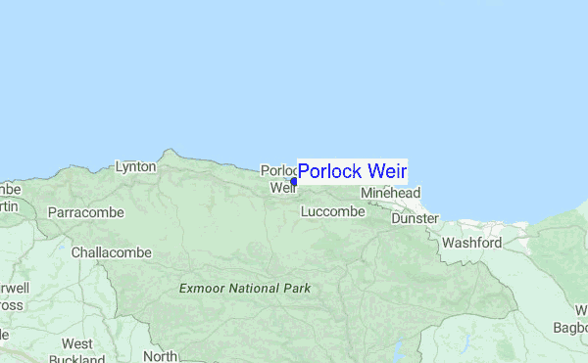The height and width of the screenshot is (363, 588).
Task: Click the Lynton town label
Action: point(135,167)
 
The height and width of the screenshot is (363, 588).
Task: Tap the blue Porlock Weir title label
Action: point(352,172)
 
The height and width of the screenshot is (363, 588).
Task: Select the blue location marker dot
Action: point(294,181)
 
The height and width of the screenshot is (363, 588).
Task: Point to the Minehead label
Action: point(390,194)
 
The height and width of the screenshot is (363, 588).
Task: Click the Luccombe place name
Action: point(332,211)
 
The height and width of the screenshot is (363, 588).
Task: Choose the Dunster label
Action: point(415,219)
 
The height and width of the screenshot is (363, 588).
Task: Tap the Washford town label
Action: point(471,243)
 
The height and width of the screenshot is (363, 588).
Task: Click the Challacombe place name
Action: point(111,252)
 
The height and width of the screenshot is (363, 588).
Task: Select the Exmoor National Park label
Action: point(245,289)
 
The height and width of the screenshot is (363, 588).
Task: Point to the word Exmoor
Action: point(202,289)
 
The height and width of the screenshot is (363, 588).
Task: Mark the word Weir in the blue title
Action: point(387,172)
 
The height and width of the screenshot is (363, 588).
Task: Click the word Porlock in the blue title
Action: point(332,172)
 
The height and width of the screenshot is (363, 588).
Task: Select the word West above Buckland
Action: point(77,343)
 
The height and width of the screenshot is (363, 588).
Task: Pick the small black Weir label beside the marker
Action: point(281,187)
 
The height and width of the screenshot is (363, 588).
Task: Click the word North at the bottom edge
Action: point(160,357)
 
